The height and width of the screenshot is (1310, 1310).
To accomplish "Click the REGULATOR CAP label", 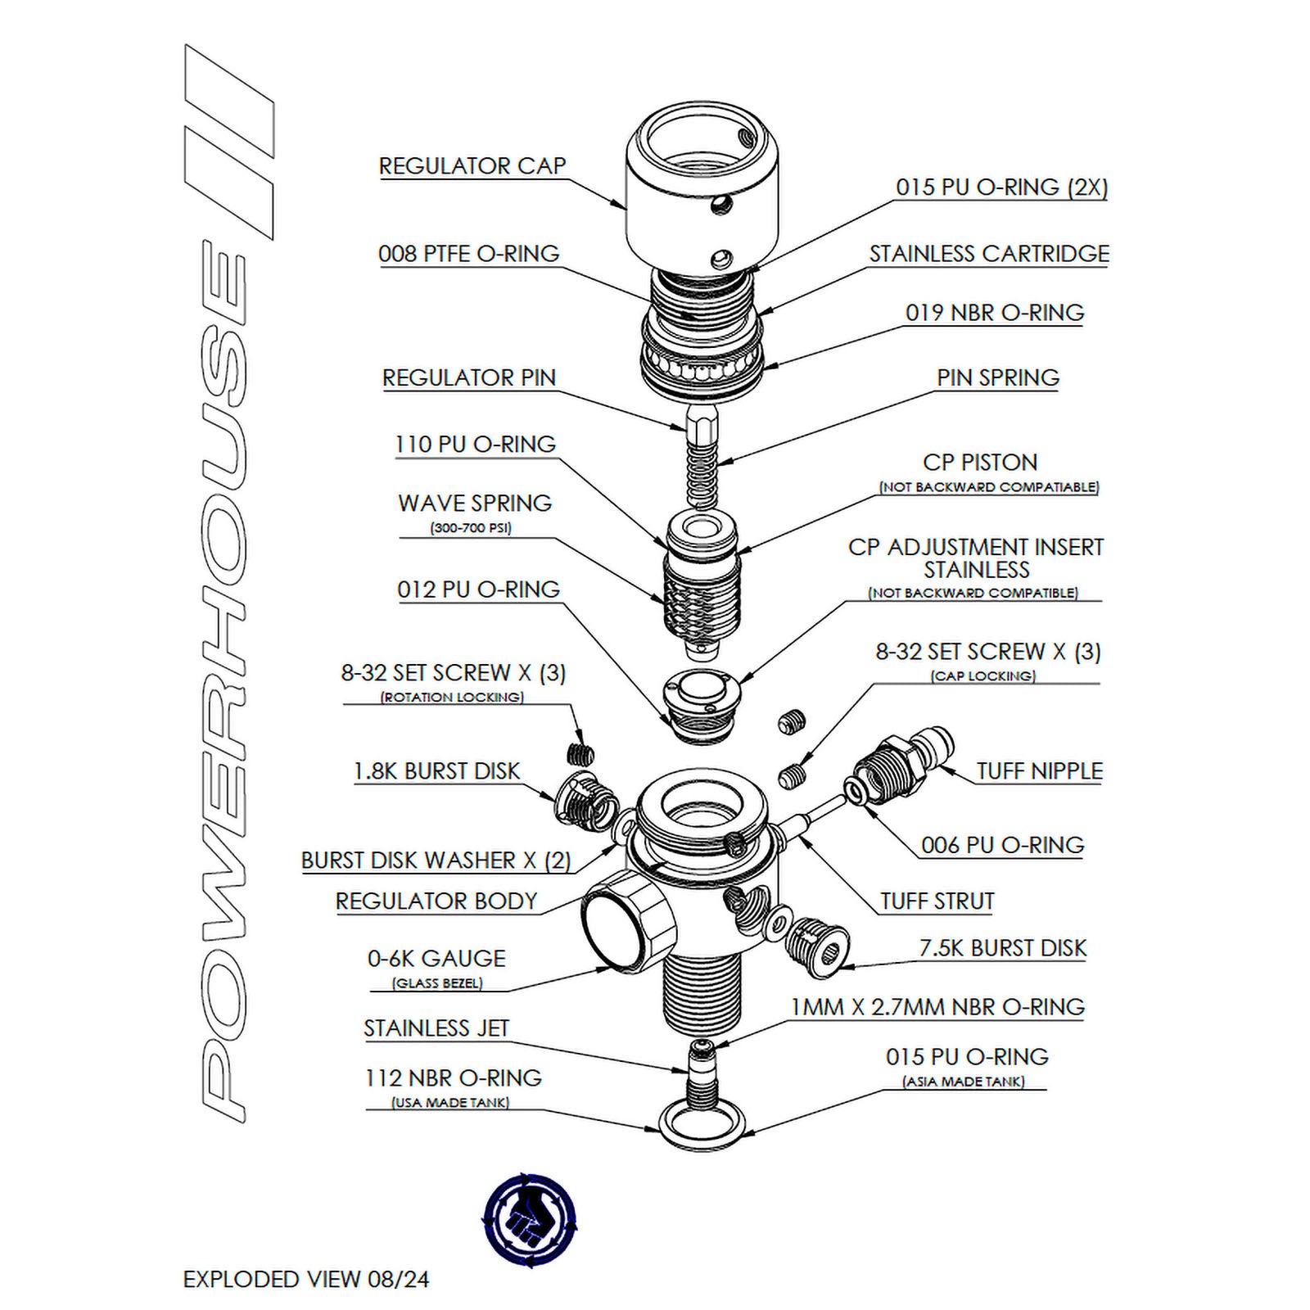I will click(472, 166).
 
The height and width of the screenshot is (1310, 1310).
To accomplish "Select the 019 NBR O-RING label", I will click(994, 313).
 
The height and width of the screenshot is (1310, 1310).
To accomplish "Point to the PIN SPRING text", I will click(997, 378).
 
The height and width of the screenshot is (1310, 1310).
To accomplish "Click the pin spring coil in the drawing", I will click(702, 471).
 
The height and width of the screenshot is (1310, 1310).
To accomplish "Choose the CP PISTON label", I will click(979, 463).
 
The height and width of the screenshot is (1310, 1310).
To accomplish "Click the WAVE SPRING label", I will click(475, 504).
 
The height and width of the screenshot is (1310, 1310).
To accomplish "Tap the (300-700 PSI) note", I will click(471, 528).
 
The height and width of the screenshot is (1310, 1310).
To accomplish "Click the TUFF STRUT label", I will click(937, 901).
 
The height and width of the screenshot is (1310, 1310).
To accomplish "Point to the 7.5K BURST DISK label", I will click(1002, 948).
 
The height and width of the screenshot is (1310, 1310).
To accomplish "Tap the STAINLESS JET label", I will click(436, 1028).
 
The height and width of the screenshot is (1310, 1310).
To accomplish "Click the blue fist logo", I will click(529, 1219).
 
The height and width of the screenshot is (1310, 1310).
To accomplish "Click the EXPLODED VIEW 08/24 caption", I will click(305, 1279).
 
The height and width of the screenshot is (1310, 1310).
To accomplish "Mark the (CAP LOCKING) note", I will click(982, 676).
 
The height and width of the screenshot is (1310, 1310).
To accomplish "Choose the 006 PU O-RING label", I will click(1002, 845).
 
